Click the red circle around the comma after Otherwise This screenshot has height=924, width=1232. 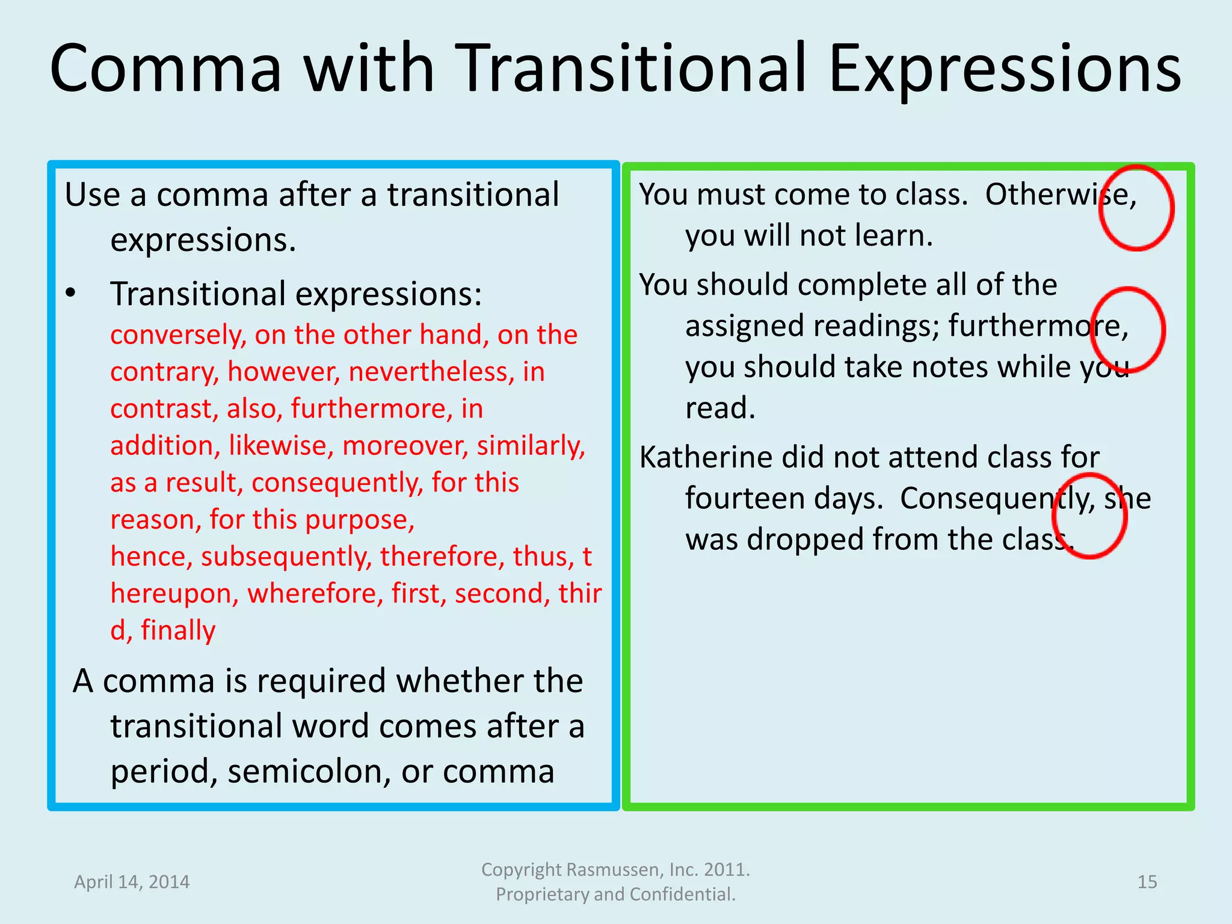coord(1136,208)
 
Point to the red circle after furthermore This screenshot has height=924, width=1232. coord(1128,330)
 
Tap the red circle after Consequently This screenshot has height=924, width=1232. coord(1089,516)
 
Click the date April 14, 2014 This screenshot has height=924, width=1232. coord(132,882)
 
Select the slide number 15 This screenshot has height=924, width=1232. coord(1147,882)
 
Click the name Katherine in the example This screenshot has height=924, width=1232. coord(706,458)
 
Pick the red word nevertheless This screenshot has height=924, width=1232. coord(431,372)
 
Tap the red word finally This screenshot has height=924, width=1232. coord(178,630)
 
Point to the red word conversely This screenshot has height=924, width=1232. coord(177,335)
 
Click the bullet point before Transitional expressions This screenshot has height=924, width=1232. coord(71,294)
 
